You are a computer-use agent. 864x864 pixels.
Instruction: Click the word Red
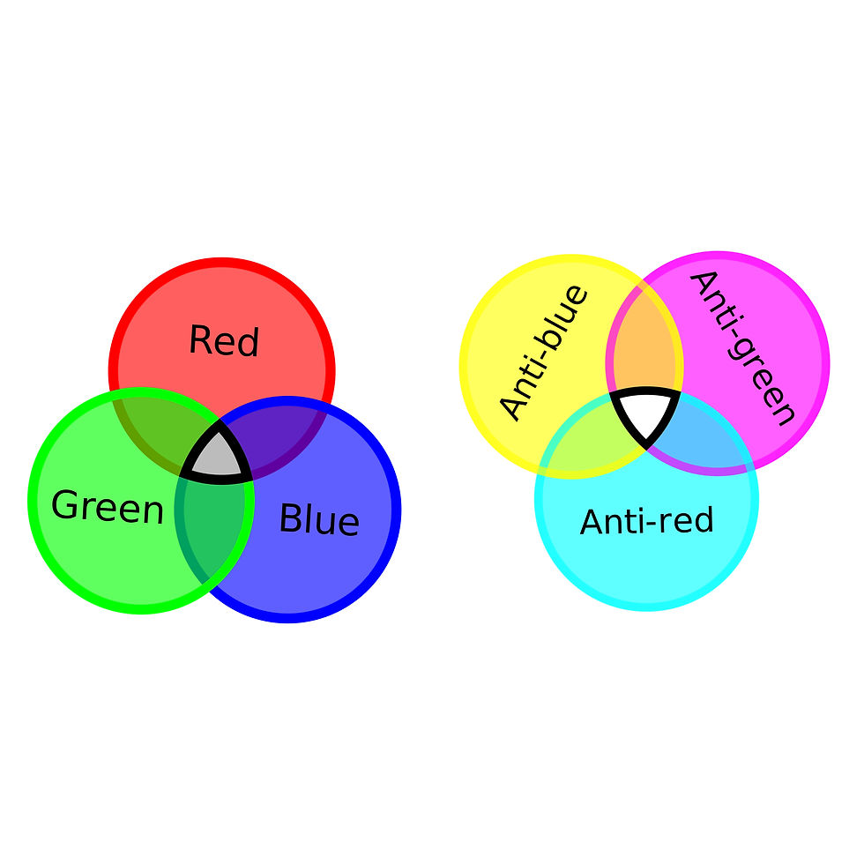[224, 341]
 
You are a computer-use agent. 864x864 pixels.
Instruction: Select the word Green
[108, 508]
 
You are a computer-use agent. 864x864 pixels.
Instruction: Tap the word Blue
[318, 519]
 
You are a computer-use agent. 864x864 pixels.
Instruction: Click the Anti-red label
[646, 522]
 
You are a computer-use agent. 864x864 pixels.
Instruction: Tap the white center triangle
[645, 412]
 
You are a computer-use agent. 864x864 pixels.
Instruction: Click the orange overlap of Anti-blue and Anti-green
[644, 348]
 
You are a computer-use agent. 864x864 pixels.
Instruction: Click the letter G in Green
[64, 505]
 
